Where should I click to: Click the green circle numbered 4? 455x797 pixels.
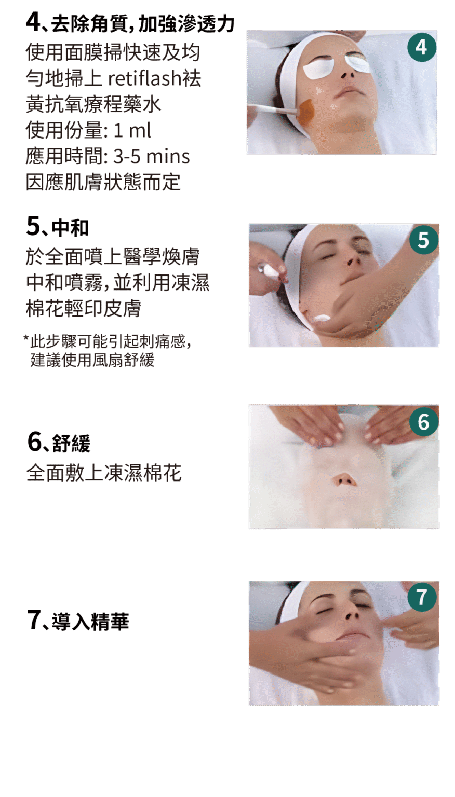[x=422, y=47]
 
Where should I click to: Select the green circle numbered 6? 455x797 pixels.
[x=424, y=422]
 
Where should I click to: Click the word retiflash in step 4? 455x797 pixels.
[x=145, y=78]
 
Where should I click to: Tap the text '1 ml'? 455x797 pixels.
[x=132, y=130]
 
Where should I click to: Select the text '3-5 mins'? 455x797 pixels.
[x=152, y=156]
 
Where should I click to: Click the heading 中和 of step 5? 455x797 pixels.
[x=70, y=228]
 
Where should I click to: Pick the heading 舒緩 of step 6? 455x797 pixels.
[x=71, y=443]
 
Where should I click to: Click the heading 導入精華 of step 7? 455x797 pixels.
[x=90, y=622]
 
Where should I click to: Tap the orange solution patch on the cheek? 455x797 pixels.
[x=306, y=111]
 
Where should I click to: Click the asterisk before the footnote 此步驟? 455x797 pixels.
[x=26, y=338]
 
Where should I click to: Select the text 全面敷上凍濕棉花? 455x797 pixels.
[x=104, y=473]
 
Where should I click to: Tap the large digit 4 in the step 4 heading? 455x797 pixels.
[x=33, y=22]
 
